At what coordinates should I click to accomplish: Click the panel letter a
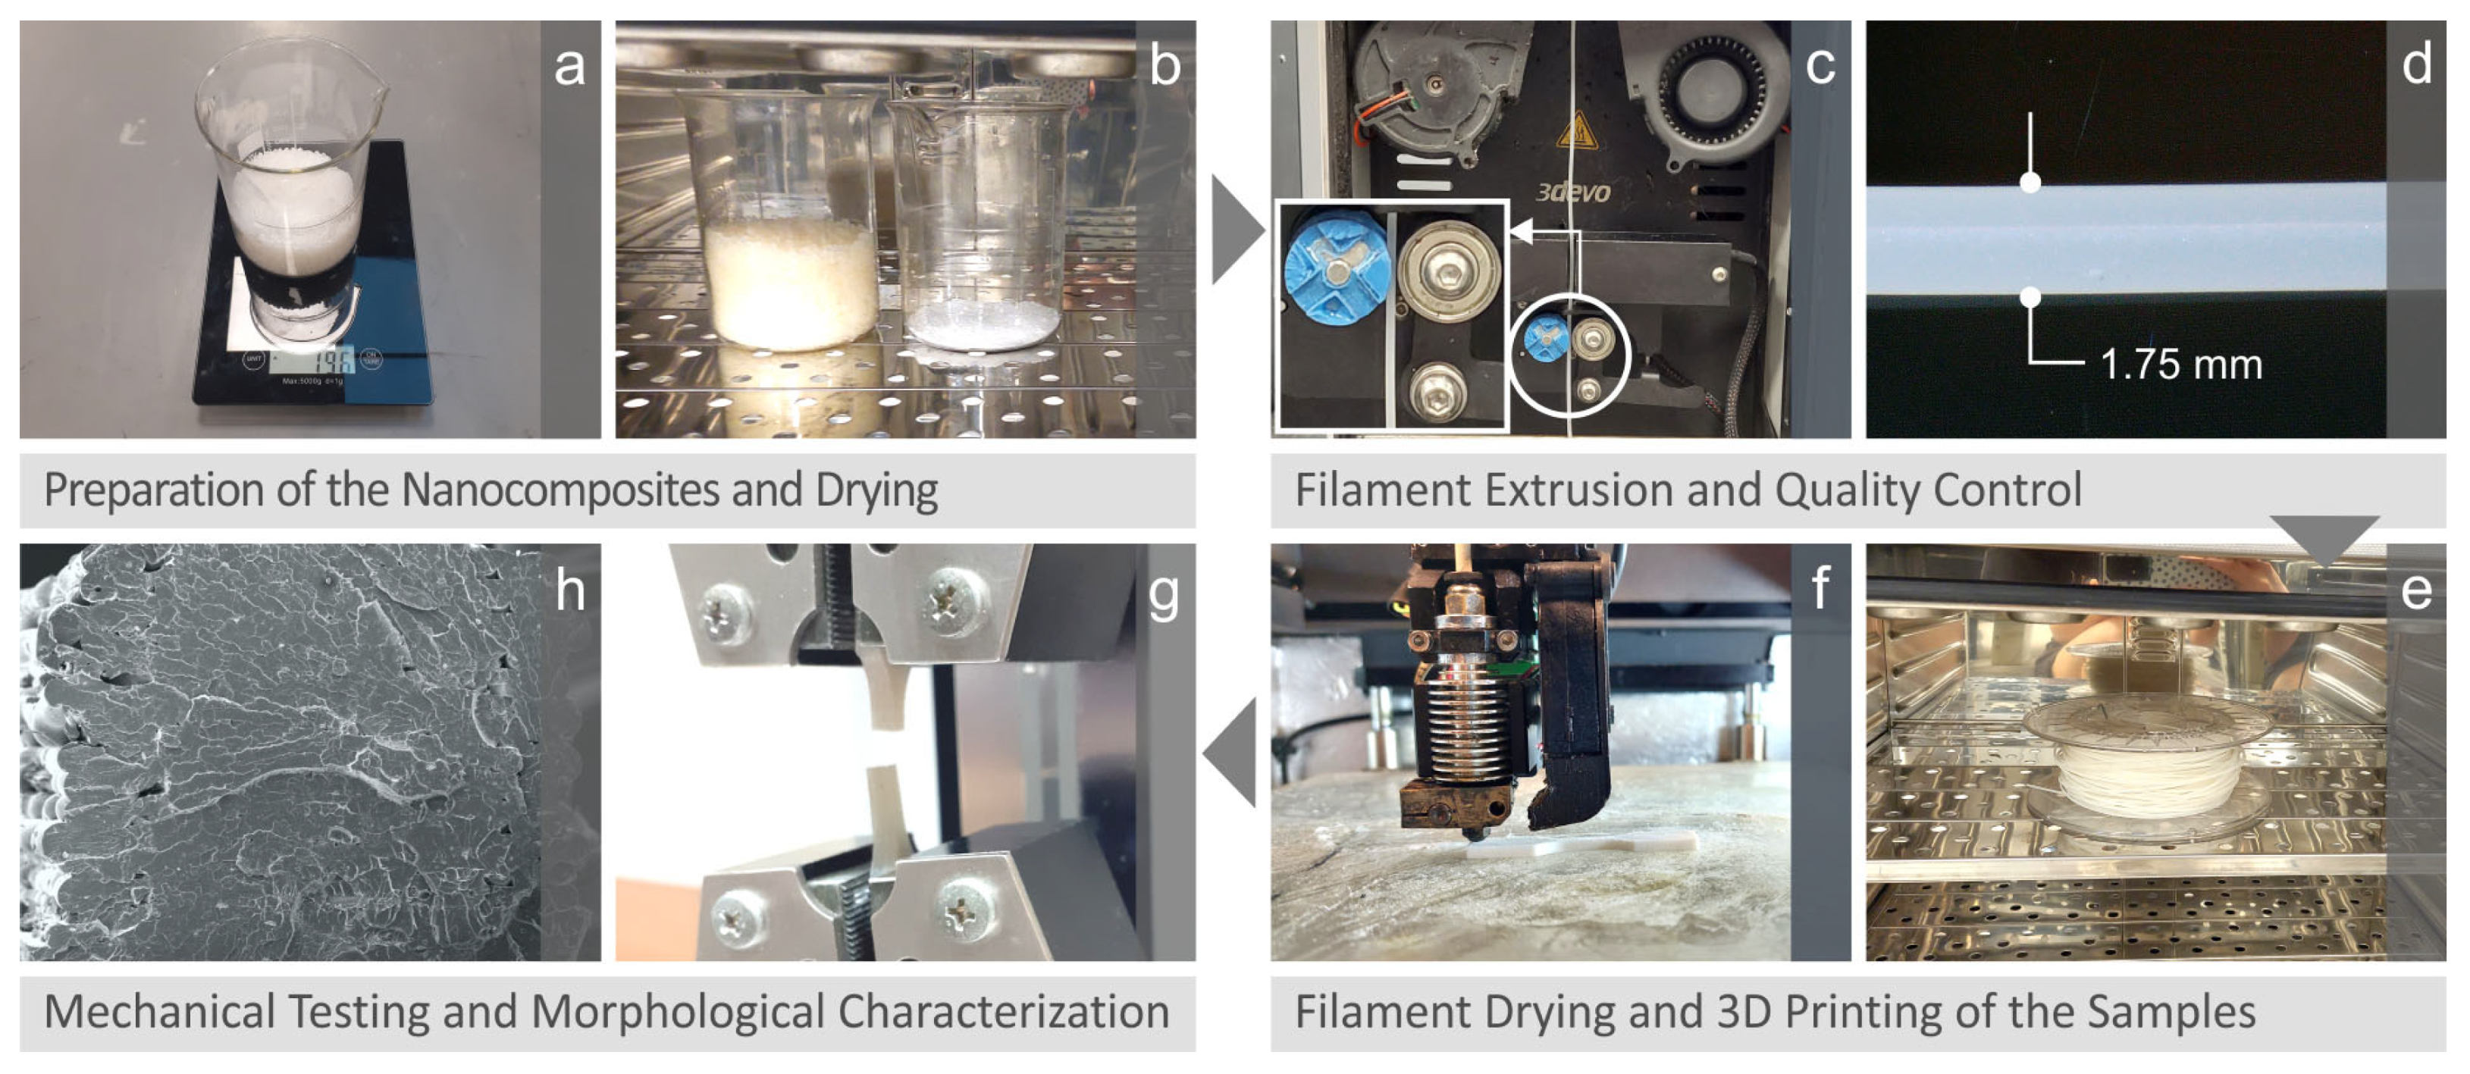pyautogui.click(x=569, y=65)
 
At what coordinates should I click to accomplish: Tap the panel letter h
pyautogui.click(x=569, y=589)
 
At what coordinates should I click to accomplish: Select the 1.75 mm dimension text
pyautogui.click(x=2180, y=365)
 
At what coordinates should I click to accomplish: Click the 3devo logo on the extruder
pyautogui.click(x=1572, y=192)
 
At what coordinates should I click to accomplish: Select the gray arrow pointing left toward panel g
pyautogui.click(x=1231, y=752)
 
